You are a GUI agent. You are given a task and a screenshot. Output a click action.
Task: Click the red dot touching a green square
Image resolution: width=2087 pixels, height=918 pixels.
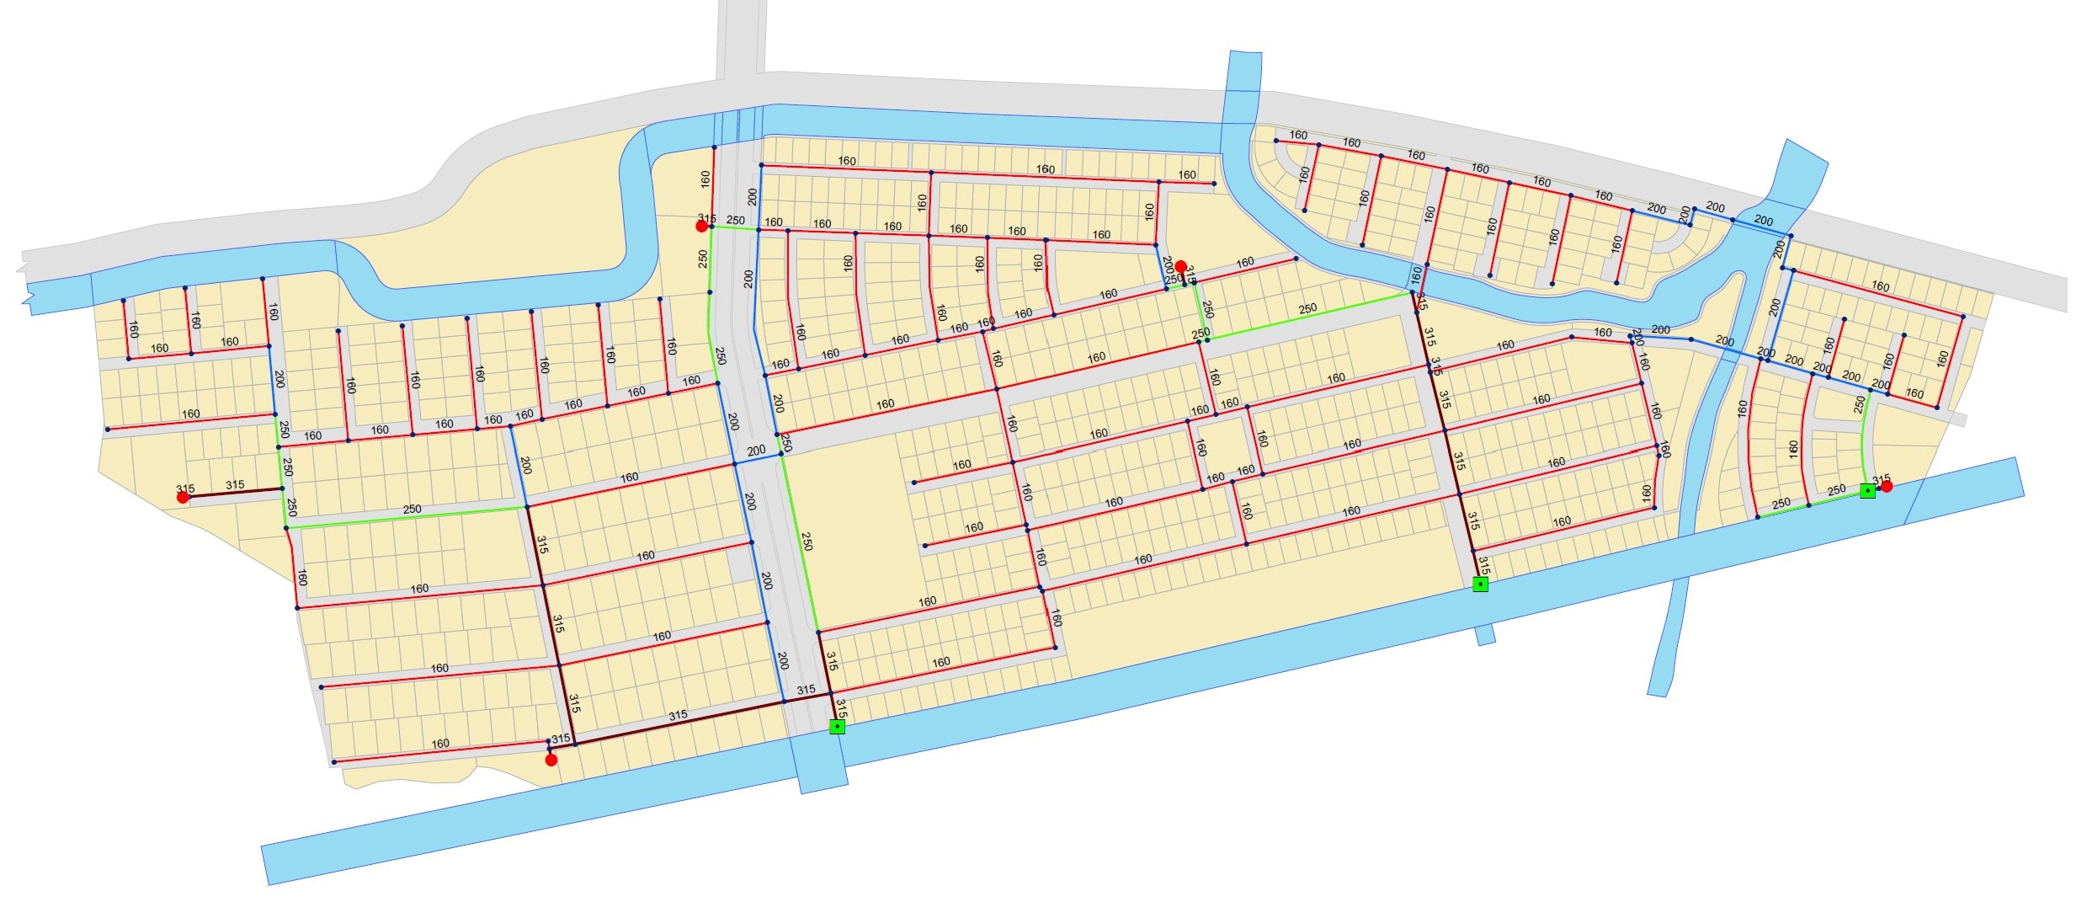[x=1887, y=486]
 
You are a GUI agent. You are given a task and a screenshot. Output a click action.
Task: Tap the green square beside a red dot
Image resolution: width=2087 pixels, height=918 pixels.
[x=1867, y=491]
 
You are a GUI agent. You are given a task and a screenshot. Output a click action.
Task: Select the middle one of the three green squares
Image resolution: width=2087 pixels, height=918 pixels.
[x=1480, y=584]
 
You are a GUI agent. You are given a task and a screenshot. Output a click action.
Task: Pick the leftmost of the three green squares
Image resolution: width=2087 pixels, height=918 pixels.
[x=837, y=726]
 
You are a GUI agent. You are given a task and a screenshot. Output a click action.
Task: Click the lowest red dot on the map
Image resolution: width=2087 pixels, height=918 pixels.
[x=551, y=760]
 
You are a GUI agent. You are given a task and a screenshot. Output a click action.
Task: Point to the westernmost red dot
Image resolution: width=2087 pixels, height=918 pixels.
[x=183, y=498]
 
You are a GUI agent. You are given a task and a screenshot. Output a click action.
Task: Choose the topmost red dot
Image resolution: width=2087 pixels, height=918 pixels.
[x=701, y=226]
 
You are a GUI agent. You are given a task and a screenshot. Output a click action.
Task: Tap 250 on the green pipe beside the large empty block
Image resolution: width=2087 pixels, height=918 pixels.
[x=807, y=541]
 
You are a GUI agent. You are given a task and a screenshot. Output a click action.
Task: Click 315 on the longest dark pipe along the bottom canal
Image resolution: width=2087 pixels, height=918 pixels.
[x=678, y=715]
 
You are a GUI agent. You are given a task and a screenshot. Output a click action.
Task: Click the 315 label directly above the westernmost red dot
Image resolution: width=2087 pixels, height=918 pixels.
[x=185, y=488]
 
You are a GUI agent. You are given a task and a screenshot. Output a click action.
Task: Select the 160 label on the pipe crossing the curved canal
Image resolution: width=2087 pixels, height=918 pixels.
[x=1416, y=274]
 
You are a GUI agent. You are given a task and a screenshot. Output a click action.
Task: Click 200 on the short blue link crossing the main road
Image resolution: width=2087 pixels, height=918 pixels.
[x=756, y=451]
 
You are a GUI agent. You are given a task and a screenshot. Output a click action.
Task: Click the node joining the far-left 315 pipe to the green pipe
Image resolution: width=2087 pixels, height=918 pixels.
[x=282, y=488]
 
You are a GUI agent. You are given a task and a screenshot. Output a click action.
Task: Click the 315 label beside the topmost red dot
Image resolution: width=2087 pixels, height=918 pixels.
[x=706, y=218]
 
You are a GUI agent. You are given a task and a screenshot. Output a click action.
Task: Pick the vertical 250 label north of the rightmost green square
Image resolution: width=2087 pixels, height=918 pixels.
[x=1859, y=404]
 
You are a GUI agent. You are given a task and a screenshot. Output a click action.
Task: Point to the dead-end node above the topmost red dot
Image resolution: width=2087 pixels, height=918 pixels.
[x=714, y=147]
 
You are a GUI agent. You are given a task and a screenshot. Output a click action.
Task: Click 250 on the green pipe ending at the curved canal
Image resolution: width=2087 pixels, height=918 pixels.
[x=1307, y=309]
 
